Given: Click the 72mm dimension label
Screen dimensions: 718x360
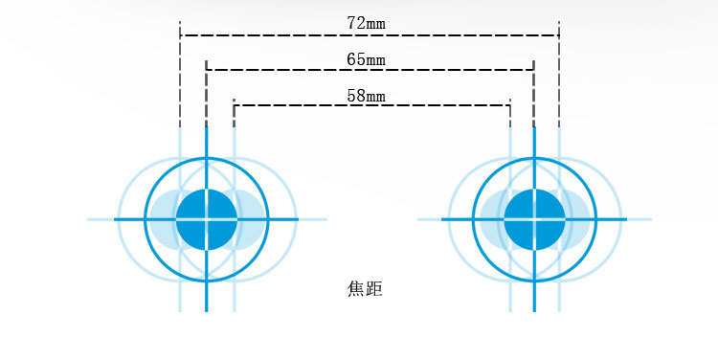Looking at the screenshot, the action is pos(367,20).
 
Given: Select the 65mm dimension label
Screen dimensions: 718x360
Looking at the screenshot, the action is pos(367,59).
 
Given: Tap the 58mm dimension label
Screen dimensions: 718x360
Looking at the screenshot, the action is pos(367,95).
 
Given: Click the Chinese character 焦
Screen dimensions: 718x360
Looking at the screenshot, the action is pos(355,287).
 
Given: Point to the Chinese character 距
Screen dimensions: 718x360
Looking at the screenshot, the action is pos(374,287).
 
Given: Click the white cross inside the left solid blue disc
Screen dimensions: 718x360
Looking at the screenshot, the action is pos(206,219).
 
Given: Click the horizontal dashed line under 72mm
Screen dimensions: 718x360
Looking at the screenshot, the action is pos(287,35).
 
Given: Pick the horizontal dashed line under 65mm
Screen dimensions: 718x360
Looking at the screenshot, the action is pos(287,70).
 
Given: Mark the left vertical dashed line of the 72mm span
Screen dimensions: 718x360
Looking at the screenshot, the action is pos(180,77).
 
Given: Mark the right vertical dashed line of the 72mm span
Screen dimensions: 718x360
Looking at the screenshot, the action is pos(559,77).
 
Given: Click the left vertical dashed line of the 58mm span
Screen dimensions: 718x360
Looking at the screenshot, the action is pos(234,114).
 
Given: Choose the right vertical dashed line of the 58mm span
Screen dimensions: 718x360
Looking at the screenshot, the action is pos(509,114).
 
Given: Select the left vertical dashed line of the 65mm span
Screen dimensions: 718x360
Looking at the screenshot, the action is pos(206,96).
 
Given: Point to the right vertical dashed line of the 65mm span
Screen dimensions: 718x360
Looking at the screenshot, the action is pos(533,96).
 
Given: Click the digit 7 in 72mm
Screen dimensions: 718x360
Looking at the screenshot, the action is pos(351,20).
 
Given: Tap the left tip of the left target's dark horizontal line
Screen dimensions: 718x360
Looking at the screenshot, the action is pos(116,219).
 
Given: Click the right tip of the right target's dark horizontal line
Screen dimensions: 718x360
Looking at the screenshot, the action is pos(625,219).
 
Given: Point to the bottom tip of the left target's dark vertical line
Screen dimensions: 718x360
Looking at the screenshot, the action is pos(206,310).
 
